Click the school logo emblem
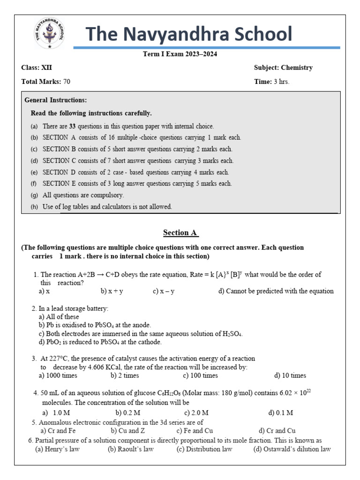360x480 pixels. (47, 34)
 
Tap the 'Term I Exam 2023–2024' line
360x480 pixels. (180, 54)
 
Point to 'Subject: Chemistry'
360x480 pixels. (283, 67)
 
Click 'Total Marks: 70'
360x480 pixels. (46, 82)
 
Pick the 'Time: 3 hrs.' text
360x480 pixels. (271, 82)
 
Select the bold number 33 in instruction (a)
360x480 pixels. (73, 126)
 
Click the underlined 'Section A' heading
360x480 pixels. (180, 232)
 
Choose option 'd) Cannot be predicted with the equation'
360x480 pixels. (276, 291)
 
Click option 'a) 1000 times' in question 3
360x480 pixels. (58, 375)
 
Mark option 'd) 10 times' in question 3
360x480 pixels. (290, 375)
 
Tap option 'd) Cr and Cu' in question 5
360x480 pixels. (277, 431)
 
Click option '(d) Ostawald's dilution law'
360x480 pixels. (292, 449)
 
